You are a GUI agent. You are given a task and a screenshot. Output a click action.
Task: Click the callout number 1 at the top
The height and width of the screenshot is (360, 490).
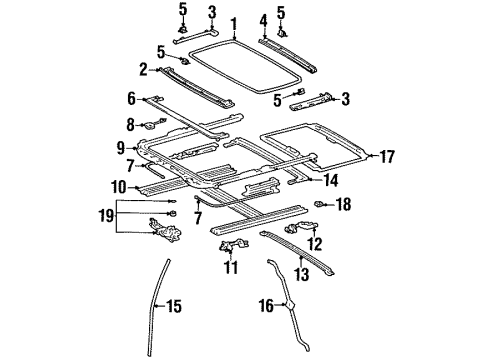point(233,23)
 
